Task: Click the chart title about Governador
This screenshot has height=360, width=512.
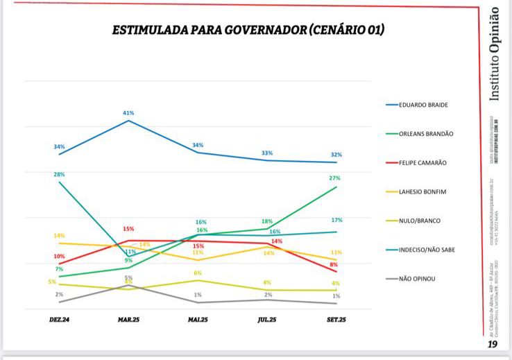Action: [x=248, y=31]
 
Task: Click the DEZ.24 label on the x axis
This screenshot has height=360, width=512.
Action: [x=60, y=320]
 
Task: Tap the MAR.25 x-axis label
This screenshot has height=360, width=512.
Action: [x=128, y=320]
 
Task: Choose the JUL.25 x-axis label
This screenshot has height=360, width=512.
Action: [x=267, y=320]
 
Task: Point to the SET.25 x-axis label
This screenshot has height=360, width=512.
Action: [x=336, y=320]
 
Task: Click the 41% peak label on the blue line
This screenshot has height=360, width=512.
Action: [x=128, y=112]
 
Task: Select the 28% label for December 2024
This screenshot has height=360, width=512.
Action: [x=60, y=174]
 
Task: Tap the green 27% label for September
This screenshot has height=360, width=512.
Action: [x=336, y=178]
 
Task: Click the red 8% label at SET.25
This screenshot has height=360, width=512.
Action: [x=334, y=265]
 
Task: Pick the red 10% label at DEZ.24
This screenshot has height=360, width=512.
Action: [x=60, y=257]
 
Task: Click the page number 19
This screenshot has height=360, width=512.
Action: [x=493, y=343]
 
